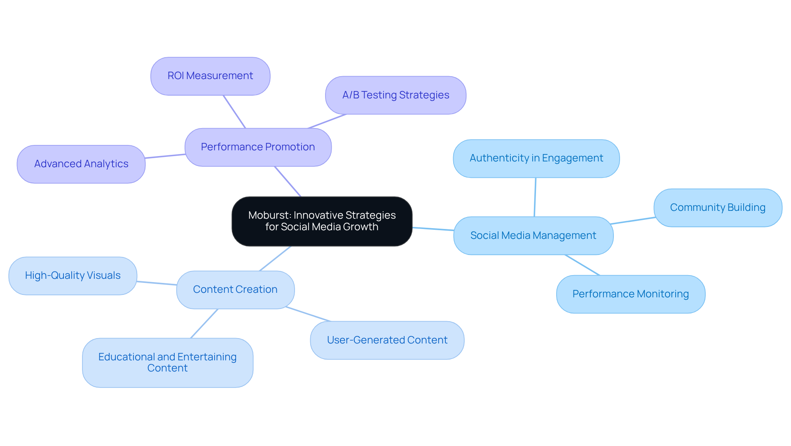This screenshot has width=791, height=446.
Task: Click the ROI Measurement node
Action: [210, 76]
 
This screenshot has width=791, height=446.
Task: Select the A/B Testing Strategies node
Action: [395, 95]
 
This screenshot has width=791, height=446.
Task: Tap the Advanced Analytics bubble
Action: [81, 164]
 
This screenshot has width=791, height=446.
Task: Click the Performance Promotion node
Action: [258, 147]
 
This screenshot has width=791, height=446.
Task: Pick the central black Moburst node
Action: [322, 221]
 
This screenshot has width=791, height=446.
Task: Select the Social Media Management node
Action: [533, 236]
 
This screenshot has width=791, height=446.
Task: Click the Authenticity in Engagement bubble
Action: [536, 159]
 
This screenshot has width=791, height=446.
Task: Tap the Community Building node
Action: [718, 208]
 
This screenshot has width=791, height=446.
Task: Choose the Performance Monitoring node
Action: [630, 294]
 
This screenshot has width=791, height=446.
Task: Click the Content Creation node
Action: [235, 290]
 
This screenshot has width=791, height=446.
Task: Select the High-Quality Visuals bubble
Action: [73, 276]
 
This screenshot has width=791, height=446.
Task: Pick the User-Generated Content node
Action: [387, 340]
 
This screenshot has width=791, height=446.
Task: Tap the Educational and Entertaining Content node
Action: [167, 362]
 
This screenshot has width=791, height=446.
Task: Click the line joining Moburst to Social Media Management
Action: [433, 229]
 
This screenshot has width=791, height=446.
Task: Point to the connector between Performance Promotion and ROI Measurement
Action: [234, 112]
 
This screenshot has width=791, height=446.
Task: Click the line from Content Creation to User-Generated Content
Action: [308, 314]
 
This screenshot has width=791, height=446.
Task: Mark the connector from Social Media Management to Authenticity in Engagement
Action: [535, 197]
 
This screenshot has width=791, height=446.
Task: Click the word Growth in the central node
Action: [360, 227]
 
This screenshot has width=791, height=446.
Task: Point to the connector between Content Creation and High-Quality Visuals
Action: [157, 283]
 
